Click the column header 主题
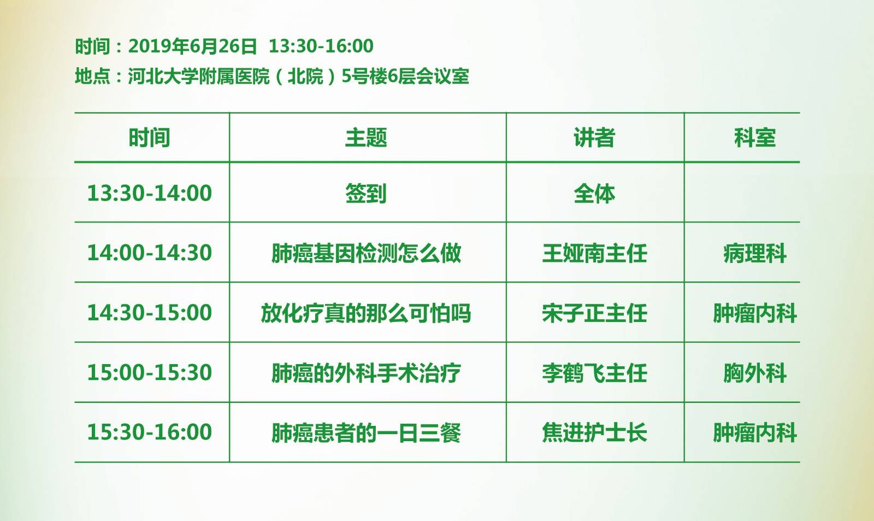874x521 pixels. point(366,137)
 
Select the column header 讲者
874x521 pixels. point(594,137)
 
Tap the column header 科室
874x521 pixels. point(755,137)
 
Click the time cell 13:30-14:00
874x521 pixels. point(150,193)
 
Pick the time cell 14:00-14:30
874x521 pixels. point(150,253)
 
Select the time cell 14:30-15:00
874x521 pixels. point(150,313)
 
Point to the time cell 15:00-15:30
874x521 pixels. point(150,372)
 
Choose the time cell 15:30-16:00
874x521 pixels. point(150,432)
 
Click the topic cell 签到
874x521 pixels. point(366,194)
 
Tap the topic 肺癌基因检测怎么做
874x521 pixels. point(367,253)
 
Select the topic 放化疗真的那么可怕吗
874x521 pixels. point(366,313)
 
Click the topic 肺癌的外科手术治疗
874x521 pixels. point(367,373)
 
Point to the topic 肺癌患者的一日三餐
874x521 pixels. point(367,432)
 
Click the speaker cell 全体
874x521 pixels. point(594,194)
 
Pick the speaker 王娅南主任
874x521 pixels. point(595,253)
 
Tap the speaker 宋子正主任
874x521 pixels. point(595,313)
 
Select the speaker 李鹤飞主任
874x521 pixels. point(595,373)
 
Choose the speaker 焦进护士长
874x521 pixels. point(595,432)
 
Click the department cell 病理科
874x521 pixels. point(755,253)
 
